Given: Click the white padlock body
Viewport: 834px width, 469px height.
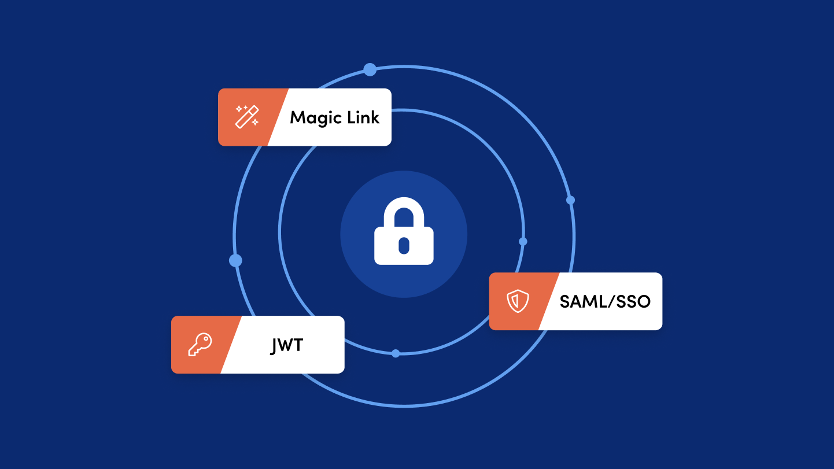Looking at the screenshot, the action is pyautogui.click(x=404, y=246).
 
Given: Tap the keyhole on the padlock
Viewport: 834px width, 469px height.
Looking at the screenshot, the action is pyautogui.click(x=404, y=246).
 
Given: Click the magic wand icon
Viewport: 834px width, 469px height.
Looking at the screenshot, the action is pyautogui.click(x=247, y=117).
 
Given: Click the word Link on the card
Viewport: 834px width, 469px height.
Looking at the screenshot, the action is pyautogui.click(x=363, y=117).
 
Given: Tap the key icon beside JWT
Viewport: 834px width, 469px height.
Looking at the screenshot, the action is pyautogui.click(x=200, y=344).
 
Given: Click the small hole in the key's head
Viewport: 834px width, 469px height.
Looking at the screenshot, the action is pyautogui.click(x=205, y=339).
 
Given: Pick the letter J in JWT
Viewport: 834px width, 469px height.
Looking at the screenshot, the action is pyautogui.click(x=274, y=346).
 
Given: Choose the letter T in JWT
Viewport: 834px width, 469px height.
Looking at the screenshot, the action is pyautogui.click(x=298, y=345).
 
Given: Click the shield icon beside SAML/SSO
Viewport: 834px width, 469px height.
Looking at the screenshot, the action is pyautogui.click(x=518, y=301).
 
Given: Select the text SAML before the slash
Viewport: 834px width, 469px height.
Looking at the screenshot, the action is pyautogui.click(x=582, y=301).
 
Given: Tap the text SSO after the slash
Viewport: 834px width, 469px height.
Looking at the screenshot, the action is pyautogui.click(x=633, y=301).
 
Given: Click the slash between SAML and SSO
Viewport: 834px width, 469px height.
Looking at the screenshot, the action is pyautogui.click(x=610, y=301).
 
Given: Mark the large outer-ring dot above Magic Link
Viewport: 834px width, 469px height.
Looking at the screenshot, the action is pyautogui.click(x=370, y=69).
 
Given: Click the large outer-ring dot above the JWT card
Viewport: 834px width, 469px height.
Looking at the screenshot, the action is pyautogui.click(x=235, y=261).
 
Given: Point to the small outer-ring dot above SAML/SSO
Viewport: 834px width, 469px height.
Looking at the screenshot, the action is pyautogui.click(x=570, y=200).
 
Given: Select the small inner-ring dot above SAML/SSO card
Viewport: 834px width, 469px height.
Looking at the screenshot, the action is pyautogui.click(x=523, y=242).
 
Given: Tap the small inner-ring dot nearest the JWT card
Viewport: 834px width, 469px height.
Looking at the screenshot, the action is pyautogui.click(x=396, y=353).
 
